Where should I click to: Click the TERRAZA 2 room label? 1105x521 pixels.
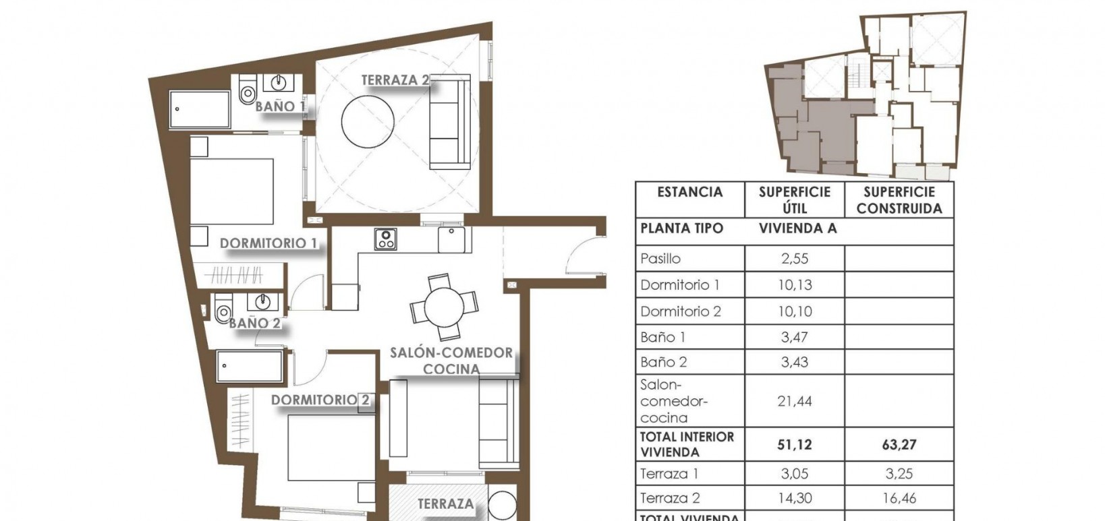click(395, 80)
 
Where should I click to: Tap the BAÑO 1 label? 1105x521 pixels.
click(280, 106)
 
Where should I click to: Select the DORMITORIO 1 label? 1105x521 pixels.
click(268, 243)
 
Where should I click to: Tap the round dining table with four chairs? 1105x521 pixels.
click(444, 307)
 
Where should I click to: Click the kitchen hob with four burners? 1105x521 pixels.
click(385, 239)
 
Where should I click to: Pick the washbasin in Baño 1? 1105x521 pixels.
click(278, 83)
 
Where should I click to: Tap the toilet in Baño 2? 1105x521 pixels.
click(223, 312)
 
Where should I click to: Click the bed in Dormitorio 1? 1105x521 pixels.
click(233, 191)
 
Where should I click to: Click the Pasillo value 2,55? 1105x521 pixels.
click(794, 259)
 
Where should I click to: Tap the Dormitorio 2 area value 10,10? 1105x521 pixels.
click(794, 311)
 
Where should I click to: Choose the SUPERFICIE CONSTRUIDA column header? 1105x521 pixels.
click(899, 200)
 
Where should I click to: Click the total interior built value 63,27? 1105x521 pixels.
click(899, 445)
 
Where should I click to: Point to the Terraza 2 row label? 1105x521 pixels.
click(670, 499)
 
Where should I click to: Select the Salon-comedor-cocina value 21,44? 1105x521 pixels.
click(794, 402)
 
